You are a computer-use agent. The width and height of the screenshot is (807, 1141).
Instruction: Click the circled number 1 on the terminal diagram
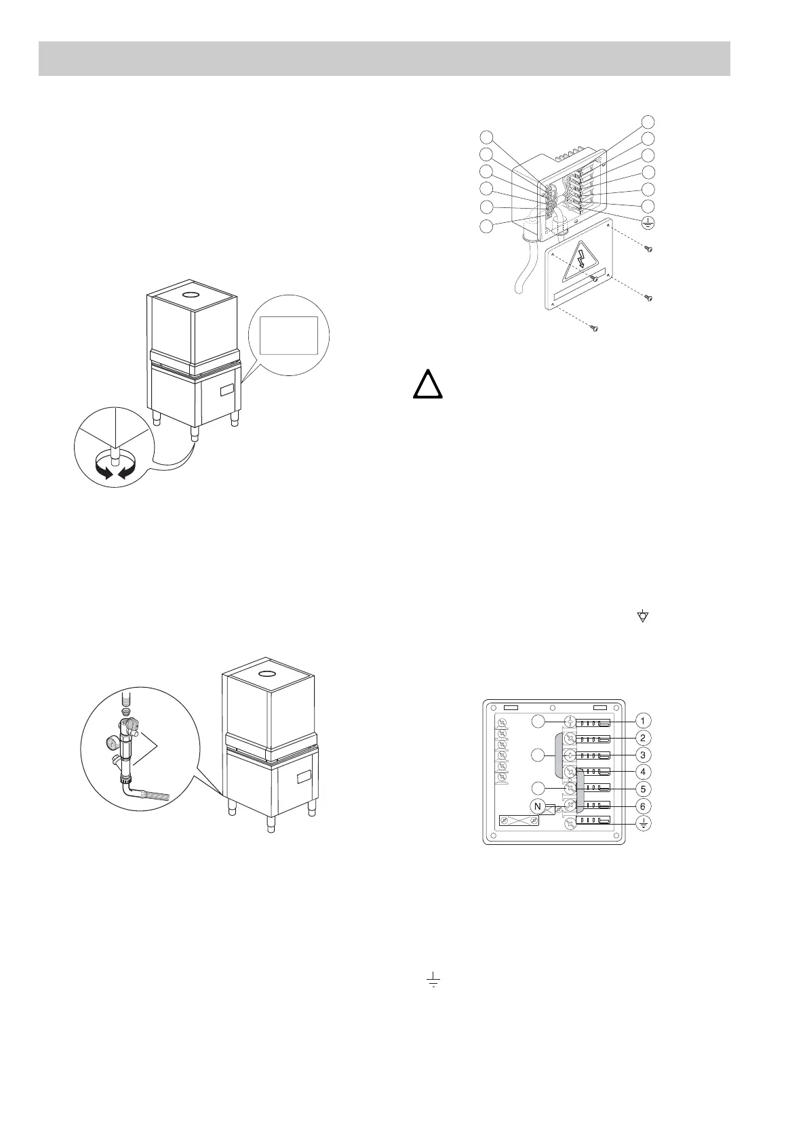pos(644,720)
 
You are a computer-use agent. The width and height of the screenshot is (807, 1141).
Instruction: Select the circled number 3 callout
pos(644,754)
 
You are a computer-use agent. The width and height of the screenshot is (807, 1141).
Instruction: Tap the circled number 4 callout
pos(644,772)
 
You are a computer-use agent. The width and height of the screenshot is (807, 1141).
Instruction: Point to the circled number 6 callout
pos(644,806)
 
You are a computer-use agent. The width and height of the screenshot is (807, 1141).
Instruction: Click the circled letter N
pos(538,806)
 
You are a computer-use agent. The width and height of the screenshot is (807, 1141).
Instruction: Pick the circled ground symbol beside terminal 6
pos(644,824)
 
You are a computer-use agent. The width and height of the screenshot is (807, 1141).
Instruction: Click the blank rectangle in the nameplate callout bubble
pos(289,334)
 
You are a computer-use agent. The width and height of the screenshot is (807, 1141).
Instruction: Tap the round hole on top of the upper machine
pos(191,295)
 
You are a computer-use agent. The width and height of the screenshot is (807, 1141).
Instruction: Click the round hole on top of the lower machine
pos(269,673)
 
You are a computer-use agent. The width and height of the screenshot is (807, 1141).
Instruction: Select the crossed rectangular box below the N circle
pos(519,821)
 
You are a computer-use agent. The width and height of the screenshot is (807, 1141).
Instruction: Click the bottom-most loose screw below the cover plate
pos(594,329)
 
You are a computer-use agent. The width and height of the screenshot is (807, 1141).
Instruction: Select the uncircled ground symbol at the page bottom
pos(432,980)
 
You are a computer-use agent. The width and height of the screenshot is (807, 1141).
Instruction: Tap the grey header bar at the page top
pos(384,59)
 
